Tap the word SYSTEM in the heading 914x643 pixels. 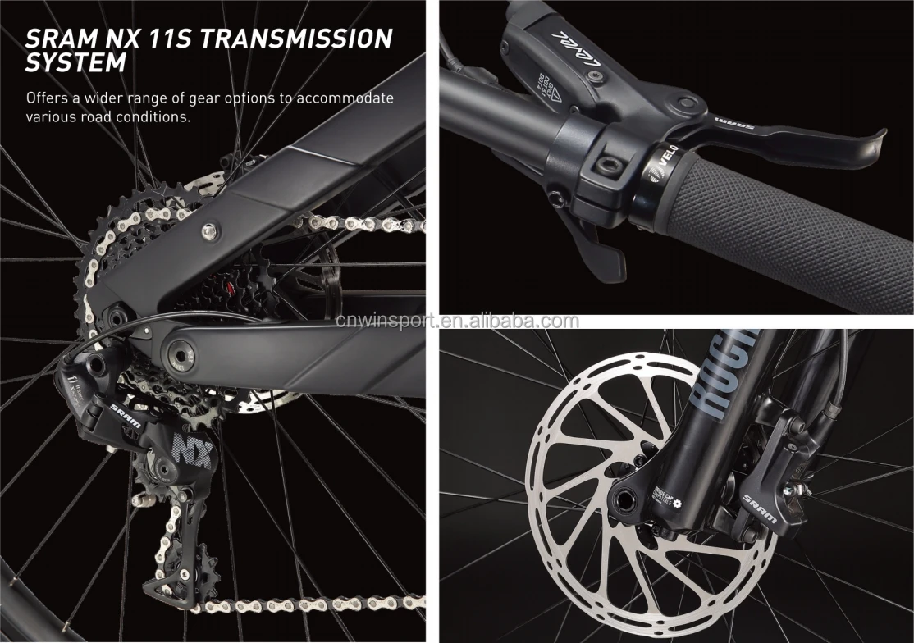75,62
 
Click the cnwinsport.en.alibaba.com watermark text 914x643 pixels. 457,321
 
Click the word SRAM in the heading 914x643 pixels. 59,38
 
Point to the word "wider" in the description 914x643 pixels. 106,98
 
